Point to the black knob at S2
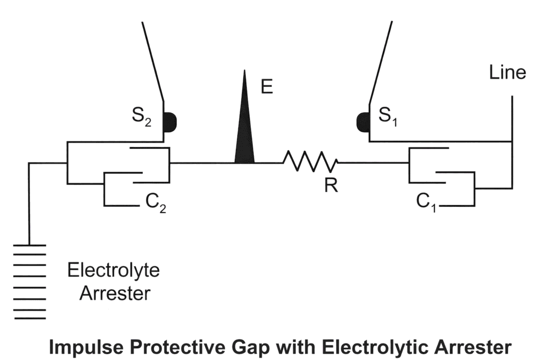170,122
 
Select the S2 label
141,118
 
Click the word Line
507,72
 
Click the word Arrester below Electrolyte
114,293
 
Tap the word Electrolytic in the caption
373,347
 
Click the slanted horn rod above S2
152,61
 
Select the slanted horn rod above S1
381,61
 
